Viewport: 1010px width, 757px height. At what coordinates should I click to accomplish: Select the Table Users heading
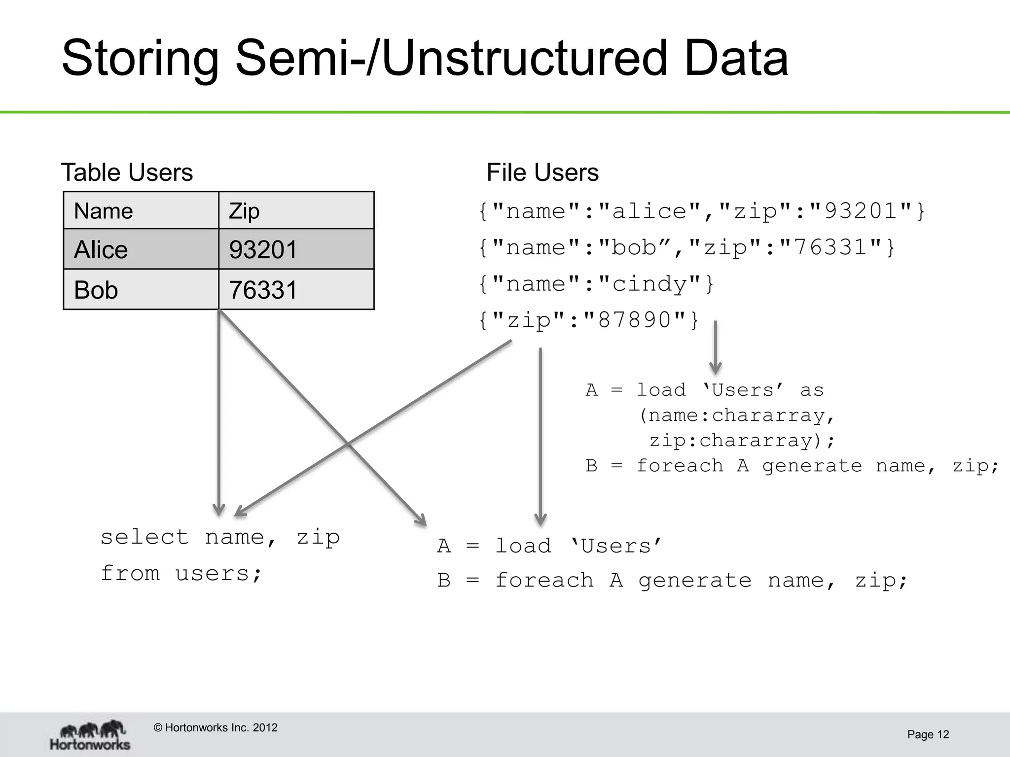127,172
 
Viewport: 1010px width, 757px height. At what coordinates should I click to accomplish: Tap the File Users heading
542,172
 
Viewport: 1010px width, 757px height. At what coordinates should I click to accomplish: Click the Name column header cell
141,211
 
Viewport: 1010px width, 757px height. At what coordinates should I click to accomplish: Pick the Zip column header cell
296,211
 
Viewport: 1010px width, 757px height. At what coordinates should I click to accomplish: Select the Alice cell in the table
141,249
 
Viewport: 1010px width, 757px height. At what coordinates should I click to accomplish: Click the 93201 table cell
296,249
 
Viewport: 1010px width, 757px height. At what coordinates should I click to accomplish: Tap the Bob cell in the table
141,290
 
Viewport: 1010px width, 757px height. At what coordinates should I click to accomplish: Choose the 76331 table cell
296,290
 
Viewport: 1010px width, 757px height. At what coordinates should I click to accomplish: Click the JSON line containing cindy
596,284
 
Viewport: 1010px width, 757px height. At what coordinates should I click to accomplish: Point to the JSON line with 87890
589,320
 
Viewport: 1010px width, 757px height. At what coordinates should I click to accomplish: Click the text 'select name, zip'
220,537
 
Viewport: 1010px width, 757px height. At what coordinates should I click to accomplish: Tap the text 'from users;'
181,574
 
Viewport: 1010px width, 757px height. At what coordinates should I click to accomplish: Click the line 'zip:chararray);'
742,441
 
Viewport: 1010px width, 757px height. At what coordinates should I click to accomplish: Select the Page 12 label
928,735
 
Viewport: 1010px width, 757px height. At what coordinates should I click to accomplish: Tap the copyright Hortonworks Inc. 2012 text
216,728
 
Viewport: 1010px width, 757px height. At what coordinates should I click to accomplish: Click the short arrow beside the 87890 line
715,347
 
